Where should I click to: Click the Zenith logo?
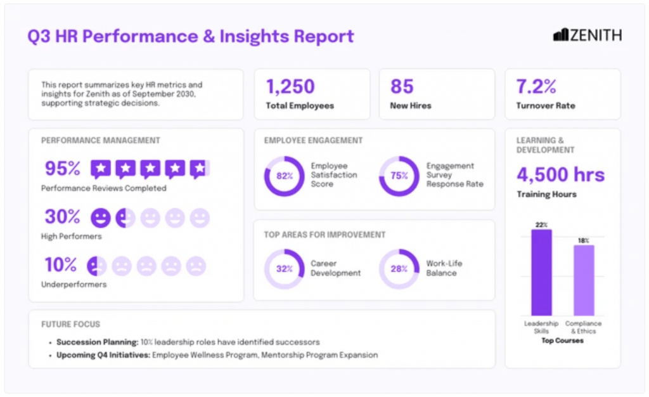(x=587, y=36)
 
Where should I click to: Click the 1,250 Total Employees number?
(x=290, y=87)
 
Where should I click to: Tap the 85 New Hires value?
(x=402, y=87)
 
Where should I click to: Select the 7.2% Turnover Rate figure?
(x=536, y=87)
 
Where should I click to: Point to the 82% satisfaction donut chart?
(x=284, y=176)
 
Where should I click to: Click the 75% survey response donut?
(x=399, y=176)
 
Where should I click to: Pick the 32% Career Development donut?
(x=284, y=268)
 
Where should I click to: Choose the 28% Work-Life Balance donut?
(x=399, y=268)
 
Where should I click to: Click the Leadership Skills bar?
(x=541, y=273)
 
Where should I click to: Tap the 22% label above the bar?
(x=541, y=225)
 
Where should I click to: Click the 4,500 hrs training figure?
(x=560, y=174)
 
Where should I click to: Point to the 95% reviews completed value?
(x=63, y=169)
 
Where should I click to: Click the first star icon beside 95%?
(x=101, y=169)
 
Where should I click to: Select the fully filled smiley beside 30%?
(x=100, y=218)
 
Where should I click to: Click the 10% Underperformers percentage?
(x=60, y=264)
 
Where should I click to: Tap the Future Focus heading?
(x=70, y=324)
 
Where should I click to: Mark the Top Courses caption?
(x=562, y=341)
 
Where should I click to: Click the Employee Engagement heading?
(x=313, y=140)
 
